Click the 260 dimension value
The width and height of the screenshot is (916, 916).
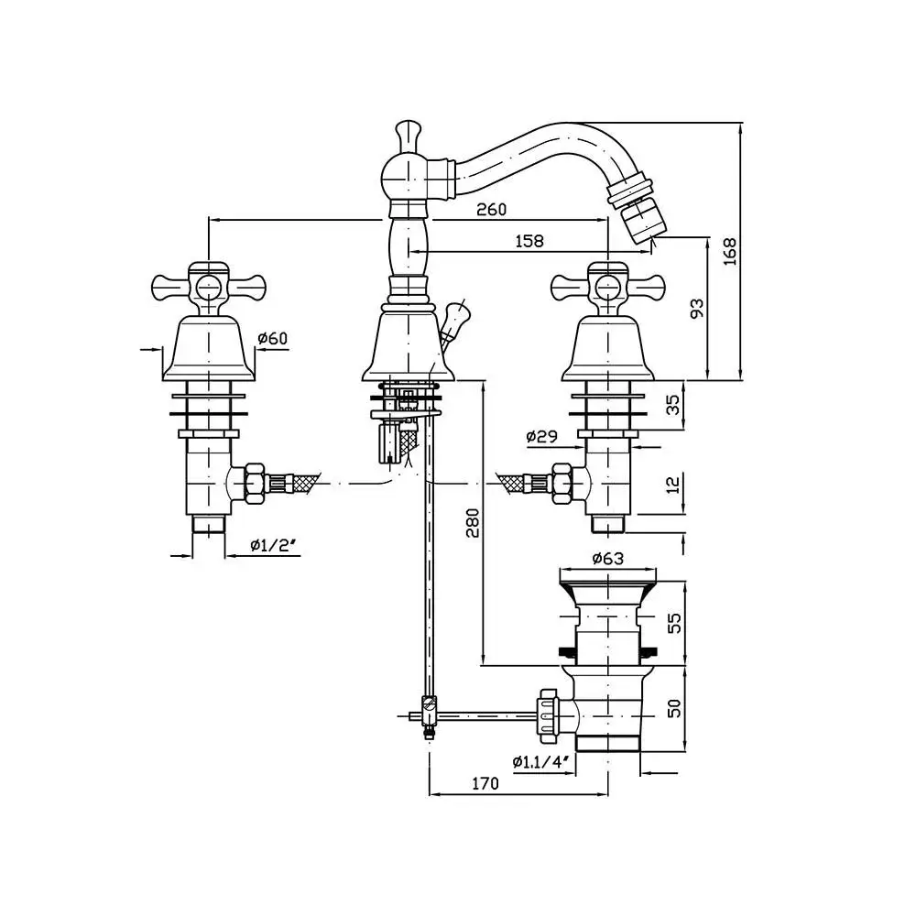click(x=491, y=209)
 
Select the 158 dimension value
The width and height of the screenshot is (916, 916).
click(x=529, y=241)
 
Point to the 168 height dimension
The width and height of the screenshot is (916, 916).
click(x=729, y=250)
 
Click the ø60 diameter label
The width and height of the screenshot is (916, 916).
click(x=272, y=339)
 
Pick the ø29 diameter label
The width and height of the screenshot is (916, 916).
click(x=541, y=437)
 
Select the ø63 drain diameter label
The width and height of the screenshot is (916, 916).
click(x=607, y=558)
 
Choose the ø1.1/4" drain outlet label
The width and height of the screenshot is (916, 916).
click(x=541, y=761)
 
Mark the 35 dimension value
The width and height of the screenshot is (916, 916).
click(x=673, y=404)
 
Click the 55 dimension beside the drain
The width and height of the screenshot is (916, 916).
click(x=673, y=624)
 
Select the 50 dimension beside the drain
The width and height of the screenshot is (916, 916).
click(x=673, y=709)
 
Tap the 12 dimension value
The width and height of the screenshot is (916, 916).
click(x=673, y=482)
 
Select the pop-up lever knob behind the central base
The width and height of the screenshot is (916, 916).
click(x=453, y=320)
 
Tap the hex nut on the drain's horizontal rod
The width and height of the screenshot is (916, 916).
click(x=548, y=711)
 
